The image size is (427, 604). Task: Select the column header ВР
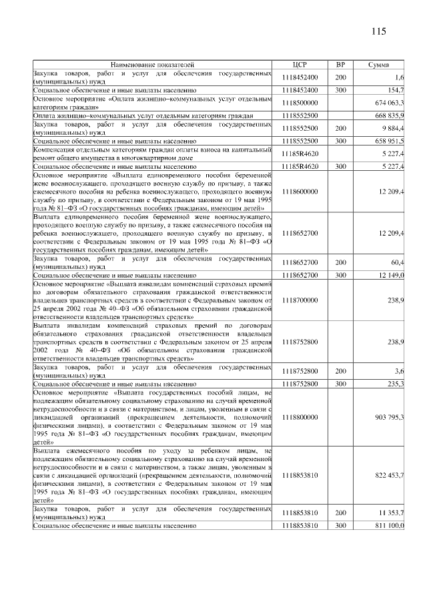(x=340, y=65)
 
